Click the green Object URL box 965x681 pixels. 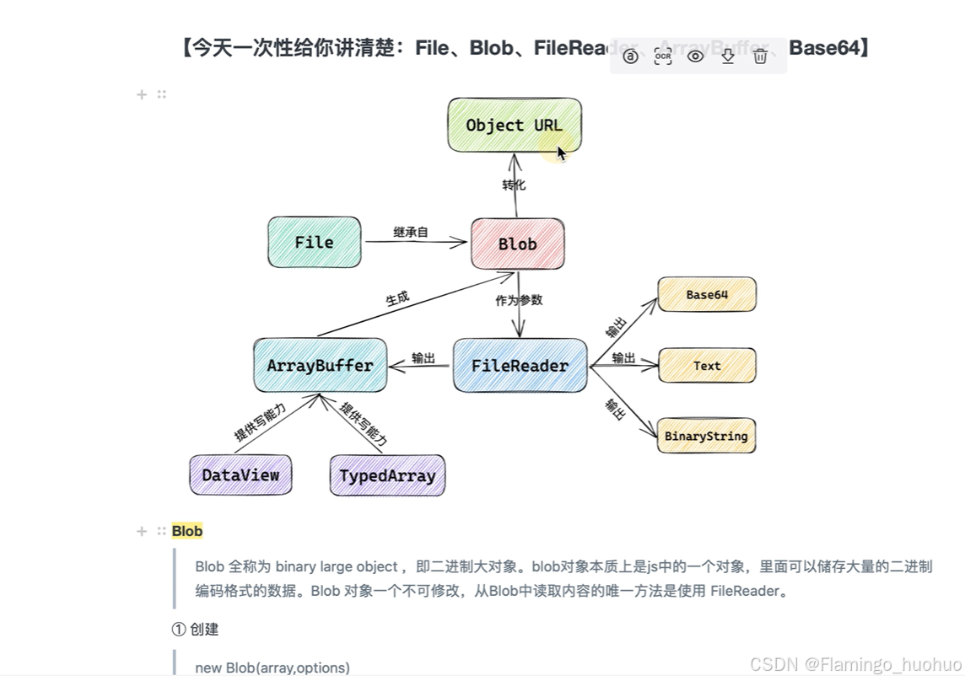pos(514,125)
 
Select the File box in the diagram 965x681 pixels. pos(314,242)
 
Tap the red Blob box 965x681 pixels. pos(517,244)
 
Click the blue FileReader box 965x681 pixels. pos(520,366)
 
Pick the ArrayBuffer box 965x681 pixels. pos(320,366)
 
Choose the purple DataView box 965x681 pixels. pos(240,475)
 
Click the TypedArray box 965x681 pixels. pos(387,475)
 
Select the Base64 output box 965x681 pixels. pos(706,295)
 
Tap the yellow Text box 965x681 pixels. pos(706,366)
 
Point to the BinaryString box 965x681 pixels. pos(706,436)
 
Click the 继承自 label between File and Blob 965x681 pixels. pos(411,232)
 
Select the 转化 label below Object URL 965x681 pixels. pos(514,185)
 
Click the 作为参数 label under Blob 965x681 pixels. pos(519,300)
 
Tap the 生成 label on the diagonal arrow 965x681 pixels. pos(397,298)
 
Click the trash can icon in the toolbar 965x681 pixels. pos(760,56)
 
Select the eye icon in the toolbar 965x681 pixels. pos(695,56)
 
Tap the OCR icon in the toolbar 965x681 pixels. pos(663,56)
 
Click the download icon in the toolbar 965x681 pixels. pos(727,56)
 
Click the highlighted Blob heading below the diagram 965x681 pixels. pos(187,531)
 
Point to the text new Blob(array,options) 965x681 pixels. pos(272,668)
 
